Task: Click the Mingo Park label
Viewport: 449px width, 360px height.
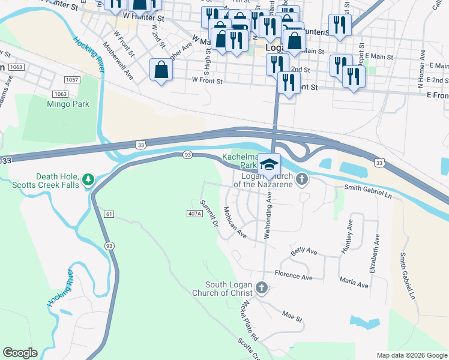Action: tap(68, 104)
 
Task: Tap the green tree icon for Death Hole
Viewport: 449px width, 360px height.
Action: tap(88, 179)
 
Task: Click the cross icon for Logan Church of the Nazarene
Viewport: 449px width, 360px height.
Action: tap(302, 179)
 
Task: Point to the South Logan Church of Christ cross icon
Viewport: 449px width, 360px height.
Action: tap(261, 288)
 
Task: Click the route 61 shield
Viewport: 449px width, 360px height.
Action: tap(109, 214)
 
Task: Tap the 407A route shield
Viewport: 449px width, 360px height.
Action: tap(194, 214)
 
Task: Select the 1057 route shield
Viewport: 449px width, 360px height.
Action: tap(72, 80)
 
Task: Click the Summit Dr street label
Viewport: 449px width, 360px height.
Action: tap(209, 212)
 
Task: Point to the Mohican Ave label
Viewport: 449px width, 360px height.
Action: tap(235, 221)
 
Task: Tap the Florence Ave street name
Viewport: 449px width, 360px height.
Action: tap(294, 277)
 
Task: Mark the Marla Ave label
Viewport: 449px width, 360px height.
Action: tap(354, 283)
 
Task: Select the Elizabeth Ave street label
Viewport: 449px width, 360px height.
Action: tap(375, 254)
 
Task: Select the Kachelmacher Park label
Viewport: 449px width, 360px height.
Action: tap(241, 160)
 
